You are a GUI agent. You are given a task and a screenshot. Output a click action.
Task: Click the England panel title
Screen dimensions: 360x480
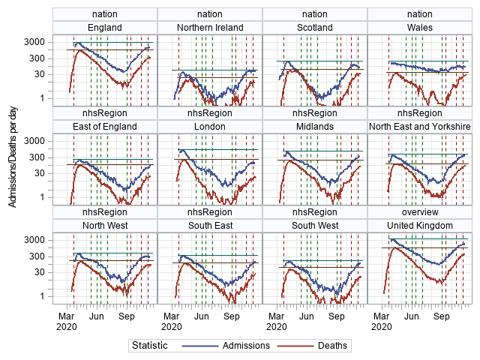105,28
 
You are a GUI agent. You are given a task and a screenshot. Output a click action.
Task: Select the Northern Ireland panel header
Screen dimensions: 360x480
210,28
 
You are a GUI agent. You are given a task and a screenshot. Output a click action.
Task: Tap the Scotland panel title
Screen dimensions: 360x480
315,28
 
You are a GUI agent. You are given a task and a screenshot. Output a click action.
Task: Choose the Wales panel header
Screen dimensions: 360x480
420,28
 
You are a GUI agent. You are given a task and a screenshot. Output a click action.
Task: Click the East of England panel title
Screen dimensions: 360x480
105,126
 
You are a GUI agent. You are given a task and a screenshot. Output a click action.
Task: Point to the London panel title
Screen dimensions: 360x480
210,126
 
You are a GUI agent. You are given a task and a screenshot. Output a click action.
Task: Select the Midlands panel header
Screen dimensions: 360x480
315,126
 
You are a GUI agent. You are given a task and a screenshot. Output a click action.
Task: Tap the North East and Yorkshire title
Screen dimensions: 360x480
420,126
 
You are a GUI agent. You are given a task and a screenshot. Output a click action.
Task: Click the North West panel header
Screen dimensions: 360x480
105,225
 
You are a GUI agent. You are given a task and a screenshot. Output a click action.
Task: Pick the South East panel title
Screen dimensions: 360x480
210,225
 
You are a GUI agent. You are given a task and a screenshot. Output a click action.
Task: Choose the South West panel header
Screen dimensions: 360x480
315,225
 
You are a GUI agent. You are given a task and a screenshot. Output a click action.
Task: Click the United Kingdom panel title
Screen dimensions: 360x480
420,225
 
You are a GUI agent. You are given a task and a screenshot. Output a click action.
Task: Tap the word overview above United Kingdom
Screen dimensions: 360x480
420,212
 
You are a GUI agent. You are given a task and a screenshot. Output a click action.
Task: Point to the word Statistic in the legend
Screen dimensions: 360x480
150,346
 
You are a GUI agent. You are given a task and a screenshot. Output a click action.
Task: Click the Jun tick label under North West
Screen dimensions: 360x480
97,316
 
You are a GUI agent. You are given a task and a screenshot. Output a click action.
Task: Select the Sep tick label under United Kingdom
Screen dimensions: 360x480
442,316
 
